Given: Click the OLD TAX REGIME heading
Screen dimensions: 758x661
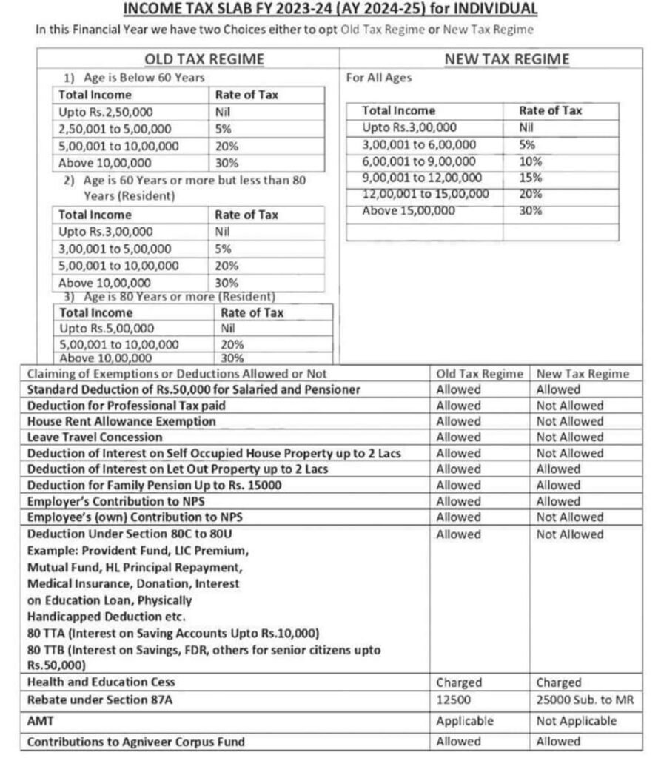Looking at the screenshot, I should coord(204,59).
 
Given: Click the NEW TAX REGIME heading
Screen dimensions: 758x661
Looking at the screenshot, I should coord(507,59).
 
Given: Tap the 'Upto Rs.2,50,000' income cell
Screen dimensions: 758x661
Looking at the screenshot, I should coord(105,112).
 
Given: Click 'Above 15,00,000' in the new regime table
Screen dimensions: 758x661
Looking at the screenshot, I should coord(409,211).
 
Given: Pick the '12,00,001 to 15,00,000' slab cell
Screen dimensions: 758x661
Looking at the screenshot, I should coord(426,194).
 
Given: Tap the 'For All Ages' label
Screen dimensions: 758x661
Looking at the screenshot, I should coord(379,77).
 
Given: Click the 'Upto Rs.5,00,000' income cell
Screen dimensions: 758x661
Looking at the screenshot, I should coord(107,328).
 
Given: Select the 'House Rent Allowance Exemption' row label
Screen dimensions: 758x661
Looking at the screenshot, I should coord(121,421).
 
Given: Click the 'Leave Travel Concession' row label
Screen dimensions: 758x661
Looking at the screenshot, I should coord(94,437).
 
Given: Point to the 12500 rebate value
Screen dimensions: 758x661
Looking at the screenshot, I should coord(452,700).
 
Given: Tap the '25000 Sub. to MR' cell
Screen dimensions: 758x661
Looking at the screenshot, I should coord(585,700).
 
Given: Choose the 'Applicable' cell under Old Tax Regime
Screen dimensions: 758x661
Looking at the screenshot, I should coord(464,720).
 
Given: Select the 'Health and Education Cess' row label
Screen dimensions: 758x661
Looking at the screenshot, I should coord(101,682).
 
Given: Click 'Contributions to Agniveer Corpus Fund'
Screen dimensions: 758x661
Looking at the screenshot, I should coord(135,741).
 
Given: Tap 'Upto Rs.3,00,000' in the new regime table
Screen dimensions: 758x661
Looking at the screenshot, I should coord(409,127).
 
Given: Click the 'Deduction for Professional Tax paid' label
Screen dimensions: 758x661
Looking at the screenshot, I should coord(126,406).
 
